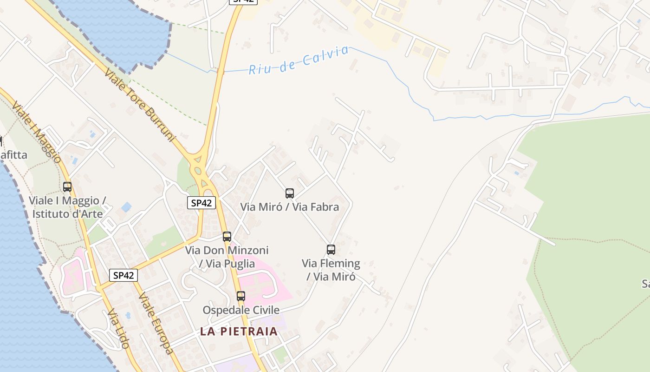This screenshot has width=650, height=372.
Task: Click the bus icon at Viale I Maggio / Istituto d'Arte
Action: tap(67, 187)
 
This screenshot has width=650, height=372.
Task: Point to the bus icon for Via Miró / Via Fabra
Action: tap(290, 193)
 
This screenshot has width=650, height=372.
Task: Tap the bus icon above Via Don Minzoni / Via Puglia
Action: tap(227, 237)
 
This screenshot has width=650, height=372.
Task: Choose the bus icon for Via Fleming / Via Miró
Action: tap(331, 250)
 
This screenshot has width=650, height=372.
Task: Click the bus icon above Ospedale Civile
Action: tap(241, 296)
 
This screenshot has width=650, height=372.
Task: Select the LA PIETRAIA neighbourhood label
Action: tap(239, 332)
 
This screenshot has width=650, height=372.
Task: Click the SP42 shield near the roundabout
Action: tap(201, 203)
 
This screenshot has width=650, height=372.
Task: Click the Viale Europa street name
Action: tap(156, 323)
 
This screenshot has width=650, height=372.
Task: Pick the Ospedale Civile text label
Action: tap(241, 310)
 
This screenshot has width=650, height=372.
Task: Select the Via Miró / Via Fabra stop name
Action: tap(290, 207)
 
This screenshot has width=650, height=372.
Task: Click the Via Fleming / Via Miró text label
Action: tap(331, 270)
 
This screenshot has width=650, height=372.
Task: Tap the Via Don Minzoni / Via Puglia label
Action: tap(227, 257)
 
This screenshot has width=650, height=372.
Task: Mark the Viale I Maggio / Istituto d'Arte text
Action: tap(68, 207)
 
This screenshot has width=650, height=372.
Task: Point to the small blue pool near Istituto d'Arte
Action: tap(126, 206)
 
